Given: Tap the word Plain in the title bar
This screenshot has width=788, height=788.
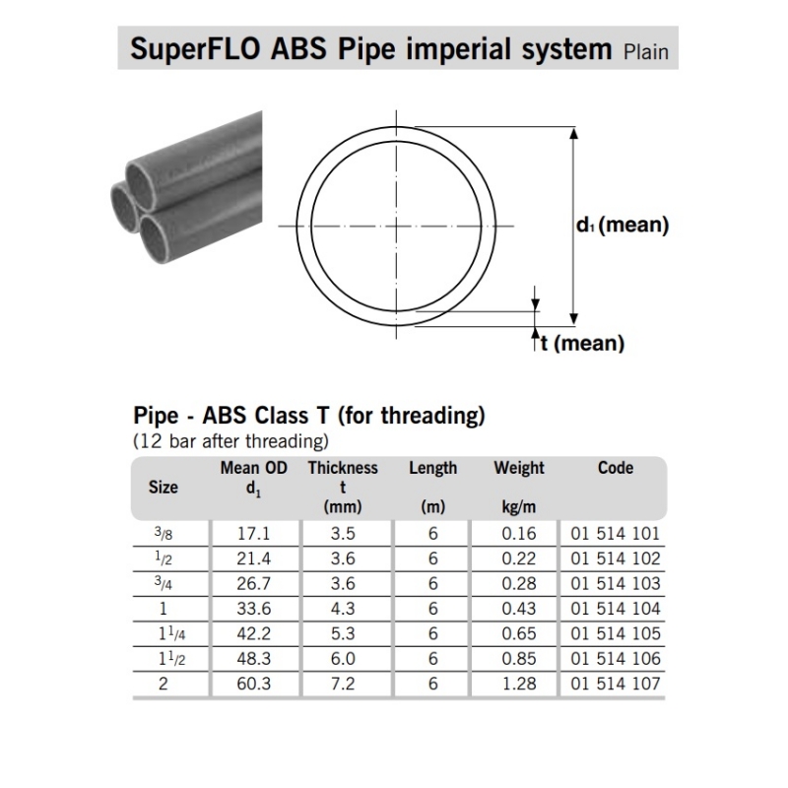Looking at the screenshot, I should pyautogui.click(x=645, y=50).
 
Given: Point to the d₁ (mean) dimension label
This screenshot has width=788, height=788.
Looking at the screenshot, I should pyautogui.click(x=622, y=226).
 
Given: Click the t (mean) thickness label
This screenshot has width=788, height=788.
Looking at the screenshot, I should pyautogui.click(x=582, y=343).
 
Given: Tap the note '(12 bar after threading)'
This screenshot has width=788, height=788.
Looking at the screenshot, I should pyautogui.click(x=230, y=440).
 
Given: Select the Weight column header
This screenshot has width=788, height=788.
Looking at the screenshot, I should pyautogui.click(x=518, y=469).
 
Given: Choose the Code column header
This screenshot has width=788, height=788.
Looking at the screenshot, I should pyautogui.click(x=615, y=468).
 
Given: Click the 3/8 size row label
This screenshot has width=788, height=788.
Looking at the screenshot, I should pyautogui.click(x=164, y=534).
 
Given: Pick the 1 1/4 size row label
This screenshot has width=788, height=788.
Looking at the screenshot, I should pyautogui.click(x=164, y=633).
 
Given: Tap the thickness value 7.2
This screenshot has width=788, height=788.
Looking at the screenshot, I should pyautogui.click(x=342, y=683).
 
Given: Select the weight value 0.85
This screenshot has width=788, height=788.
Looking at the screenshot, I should pyautogui.click(x=518, y=658).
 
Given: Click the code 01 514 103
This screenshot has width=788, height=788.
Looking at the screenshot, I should pyautogui.click(x=615, y=584).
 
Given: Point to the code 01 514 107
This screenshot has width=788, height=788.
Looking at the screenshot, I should pyautogui.click(x=615, y=683).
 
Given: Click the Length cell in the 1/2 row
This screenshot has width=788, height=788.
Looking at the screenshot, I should pyautogui.click(x=432, y=558).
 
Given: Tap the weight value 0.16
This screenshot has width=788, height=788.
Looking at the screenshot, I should pyautogui.click(x=518, y=534).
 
